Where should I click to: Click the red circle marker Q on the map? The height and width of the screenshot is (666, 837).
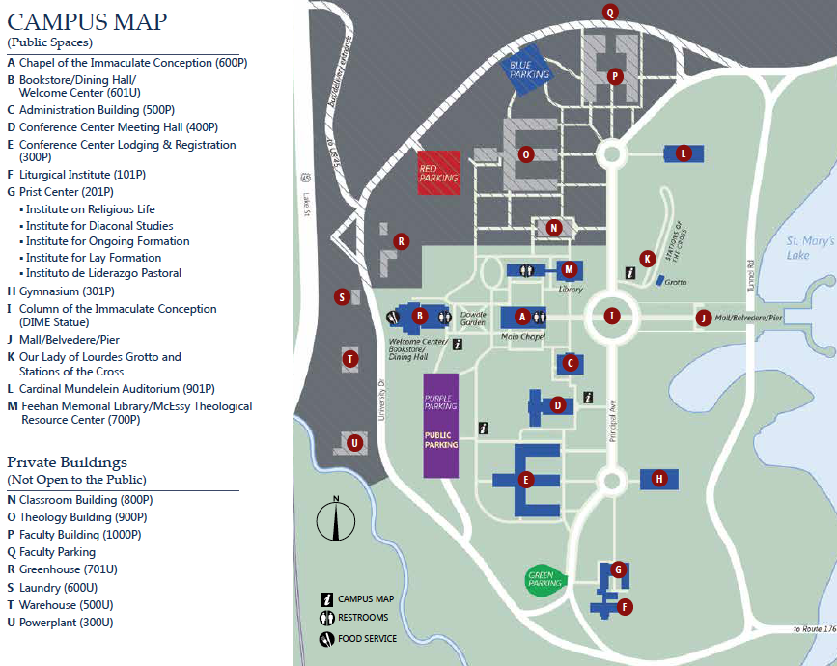pos(609,12)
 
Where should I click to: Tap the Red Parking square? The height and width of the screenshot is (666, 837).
pos(438,173)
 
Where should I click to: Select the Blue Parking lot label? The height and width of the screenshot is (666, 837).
pos(529,69)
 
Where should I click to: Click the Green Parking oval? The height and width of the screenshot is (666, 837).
pos(545,580)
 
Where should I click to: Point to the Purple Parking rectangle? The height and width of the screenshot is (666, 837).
pos(439,424)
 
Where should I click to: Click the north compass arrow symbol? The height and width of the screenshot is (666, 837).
pos(335,522)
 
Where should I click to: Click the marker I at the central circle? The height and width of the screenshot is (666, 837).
pos(610,316)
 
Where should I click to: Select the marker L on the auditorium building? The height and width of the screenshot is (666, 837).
pos(684,153)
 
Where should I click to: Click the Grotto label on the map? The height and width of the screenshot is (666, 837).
pos(675,283)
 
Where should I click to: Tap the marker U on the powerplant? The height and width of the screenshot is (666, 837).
pos(355,443)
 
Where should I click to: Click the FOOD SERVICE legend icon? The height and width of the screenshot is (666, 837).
pos(327,638)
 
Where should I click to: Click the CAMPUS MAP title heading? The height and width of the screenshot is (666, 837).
pos(87,21)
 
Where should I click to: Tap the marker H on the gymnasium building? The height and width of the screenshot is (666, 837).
pos(659,478)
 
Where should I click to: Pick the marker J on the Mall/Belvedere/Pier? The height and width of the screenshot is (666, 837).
pos(704,318)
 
